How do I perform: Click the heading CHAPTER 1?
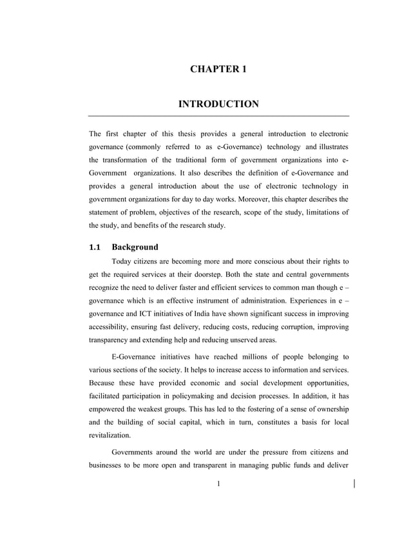click(x=218, y=68)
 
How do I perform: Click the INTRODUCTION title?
click(x=218, y=104)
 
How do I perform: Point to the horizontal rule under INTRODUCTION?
click(x=218, y=116)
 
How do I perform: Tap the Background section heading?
click(x=135, y=246)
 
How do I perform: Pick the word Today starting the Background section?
click(x=124, y=261)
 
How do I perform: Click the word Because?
click(x=104, y=383)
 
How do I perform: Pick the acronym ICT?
click(x=155, y=314)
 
